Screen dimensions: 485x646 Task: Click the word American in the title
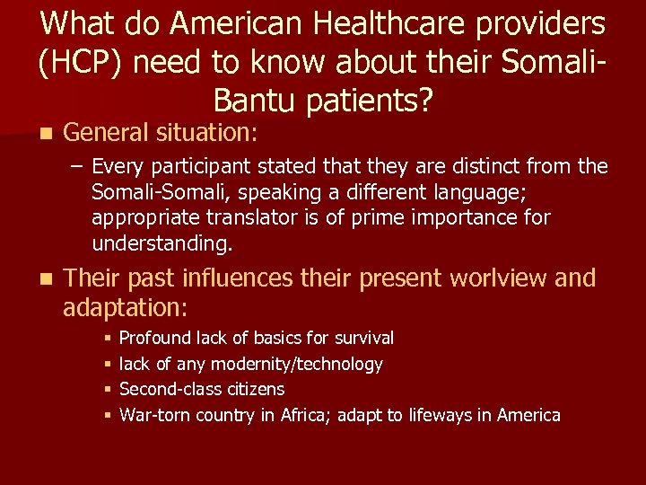pos(222,24)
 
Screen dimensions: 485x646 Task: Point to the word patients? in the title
pos(368,101)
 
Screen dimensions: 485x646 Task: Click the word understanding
pos(161,243)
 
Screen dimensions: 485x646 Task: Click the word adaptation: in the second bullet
pos(125,308)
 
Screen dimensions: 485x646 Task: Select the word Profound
pos(156,338)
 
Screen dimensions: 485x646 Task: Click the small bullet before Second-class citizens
pos(107,390)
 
